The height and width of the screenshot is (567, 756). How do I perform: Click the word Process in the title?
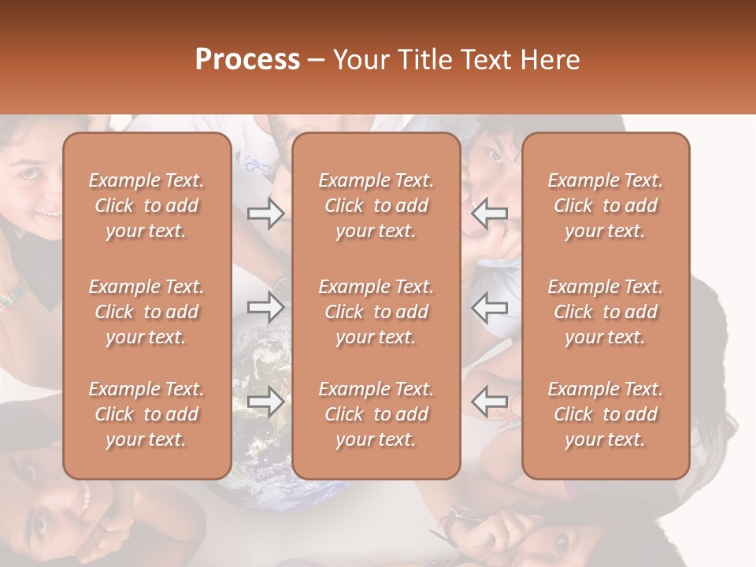click(x=247, y=60)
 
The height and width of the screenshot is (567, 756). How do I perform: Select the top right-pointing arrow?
click(x=265, y=213)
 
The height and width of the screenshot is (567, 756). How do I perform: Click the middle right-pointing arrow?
click(x=265, y=306)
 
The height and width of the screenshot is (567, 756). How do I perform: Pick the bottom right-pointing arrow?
click(x=265, y=402)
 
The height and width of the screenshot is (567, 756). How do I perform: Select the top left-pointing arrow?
click(x=490, y=213)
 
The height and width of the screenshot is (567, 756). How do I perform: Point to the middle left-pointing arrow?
click(x=490, y=306)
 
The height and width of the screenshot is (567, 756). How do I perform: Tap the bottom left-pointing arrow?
click(x=490, y=402)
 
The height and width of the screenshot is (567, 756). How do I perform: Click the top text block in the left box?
click(x=146, y=206)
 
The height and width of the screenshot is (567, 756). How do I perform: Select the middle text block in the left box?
click(x=146, y=312)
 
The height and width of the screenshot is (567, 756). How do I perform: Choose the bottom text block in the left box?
click(x=146, y=414)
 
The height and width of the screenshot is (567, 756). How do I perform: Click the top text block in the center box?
click(x=376, y=206)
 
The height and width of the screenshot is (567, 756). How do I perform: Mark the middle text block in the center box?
click(x=376, y=312)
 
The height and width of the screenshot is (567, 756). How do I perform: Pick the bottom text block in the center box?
click(x=376, y=414)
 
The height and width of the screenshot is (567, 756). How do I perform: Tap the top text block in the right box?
click(x=606, y=206)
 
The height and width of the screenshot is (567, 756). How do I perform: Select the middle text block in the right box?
click(x=606, y=312)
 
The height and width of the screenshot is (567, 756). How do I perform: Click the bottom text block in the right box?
click(x=606, y=414)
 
